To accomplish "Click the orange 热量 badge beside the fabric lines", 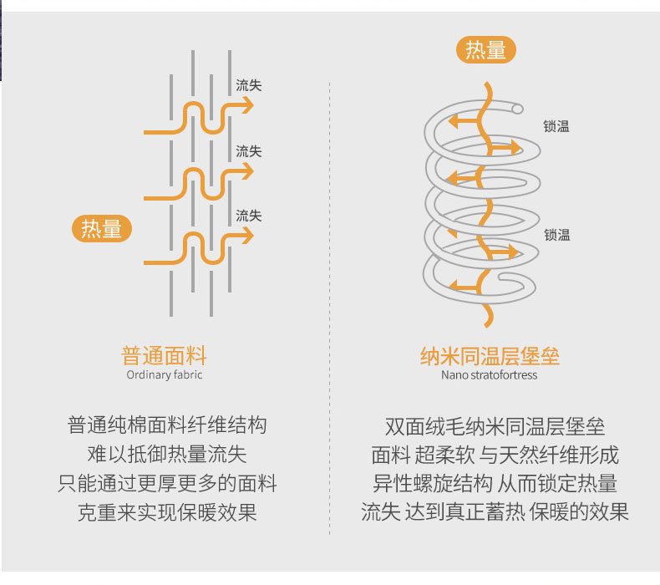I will coord(102,228).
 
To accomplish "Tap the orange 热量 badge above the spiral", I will coord(485,50).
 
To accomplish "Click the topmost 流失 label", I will coord(248,85).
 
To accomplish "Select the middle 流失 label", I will coord(248,151).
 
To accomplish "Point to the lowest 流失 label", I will coord(248,216).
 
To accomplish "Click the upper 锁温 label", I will coord(556,126).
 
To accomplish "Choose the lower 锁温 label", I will coord(556,235).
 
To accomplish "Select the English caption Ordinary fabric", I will coord(164,375).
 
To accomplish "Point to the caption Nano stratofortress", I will coord(490,375).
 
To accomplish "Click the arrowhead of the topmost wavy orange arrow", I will coord(247,105).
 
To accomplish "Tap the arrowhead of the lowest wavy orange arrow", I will coord(247,237).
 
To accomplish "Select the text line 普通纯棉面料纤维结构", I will coord(167,425).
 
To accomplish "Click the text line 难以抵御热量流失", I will coord(167,455).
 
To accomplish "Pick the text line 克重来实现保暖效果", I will coord(167,512).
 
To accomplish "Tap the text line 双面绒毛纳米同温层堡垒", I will coord(495,425).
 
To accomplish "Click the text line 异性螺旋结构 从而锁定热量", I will coord(495,483).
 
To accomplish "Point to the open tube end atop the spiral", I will coord(518,109).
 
